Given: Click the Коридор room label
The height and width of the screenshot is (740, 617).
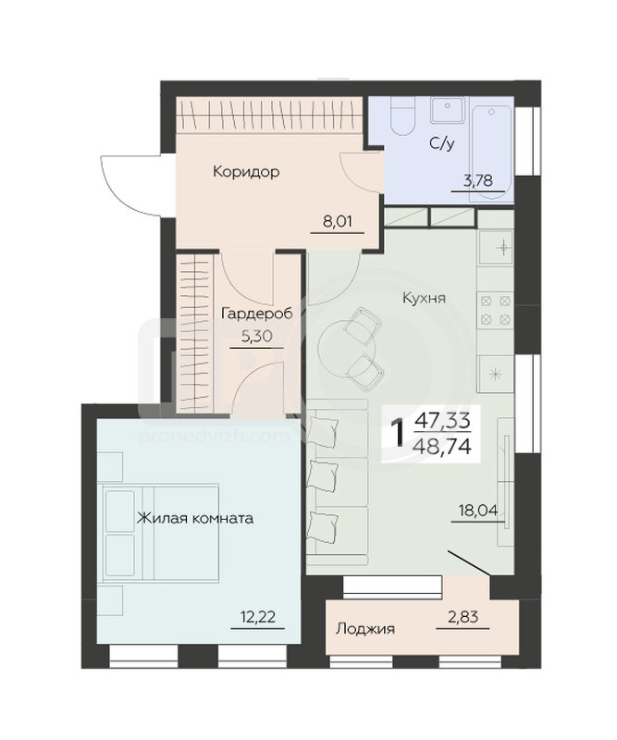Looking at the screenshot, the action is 246,171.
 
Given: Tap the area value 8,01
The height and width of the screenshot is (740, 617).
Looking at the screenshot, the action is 337,221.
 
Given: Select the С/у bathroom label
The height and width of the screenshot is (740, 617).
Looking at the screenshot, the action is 442,143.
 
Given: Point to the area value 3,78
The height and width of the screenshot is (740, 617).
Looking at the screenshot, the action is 477,180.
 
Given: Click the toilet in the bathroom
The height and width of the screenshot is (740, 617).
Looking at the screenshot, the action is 402,117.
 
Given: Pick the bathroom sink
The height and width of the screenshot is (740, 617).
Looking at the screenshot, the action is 448,110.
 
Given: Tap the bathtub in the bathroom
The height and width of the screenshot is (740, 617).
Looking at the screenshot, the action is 492,154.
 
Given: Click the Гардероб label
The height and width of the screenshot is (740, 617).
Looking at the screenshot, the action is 256,313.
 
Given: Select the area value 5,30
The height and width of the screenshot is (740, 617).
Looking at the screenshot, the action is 256,336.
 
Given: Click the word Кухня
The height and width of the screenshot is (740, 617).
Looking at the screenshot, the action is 424,298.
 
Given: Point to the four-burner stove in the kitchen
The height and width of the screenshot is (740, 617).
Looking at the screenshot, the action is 495,310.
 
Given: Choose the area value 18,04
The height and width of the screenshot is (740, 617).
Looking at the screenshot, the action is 478,510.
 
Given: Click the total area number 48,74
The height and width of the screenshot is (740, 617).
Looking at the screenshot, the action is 442,446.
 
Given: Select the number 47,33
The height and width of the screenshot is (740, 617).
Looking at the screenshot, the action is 442,420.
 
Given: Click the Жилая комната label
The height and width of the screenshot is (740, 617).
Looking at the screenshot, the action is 195,518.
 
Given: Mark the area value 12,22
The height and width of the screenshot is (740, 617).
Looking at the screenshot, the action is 257,617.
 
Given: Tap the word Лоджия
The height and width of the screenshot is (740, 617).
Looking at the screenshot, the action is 365,629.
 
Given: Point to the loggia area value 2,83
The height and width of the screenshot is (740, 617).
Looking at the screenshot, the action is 463,617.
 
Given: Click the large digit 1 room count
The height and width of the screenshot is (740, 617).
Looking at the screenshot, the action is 399,434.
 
